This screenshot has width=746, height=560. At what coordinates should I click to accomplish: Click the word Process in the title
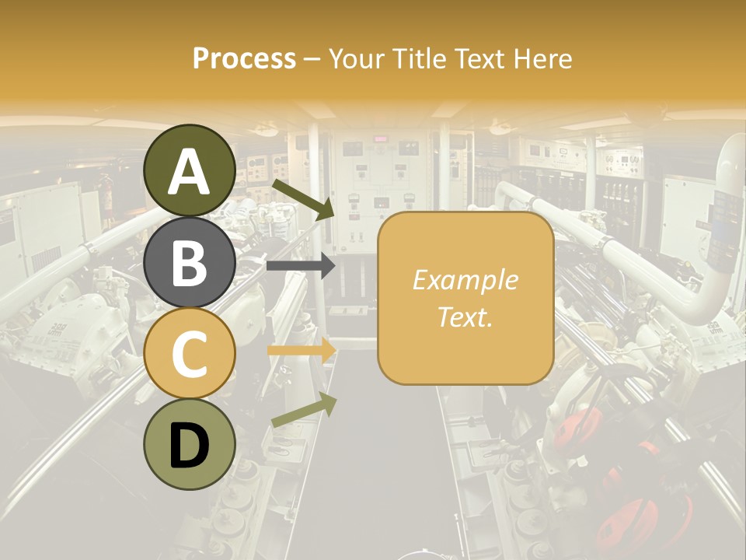(x=244, y=59)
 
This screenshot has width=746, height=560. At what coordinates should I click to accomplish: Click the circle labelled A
(x=190, y=170)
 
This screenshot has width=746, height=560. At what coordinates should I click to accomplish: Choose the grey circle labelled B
(x=190, y=263)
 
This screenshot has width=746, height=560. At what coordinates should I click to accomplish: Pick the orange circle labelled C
(x=190, y=354)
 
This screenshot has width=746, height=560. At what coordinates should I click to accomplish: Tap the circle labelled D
(x=190, y=444)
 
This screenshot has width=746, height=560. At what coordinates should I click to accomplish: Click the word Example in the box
(x=465, y=280)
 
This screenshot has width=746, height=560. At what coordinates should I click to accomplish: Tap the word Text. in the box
(x=465, y=317)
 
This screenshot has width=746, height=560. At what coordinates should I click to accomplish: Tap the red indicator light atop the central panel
(x=381, y=139)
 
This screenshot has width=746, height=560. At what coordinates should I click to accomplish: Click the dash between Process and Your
(x=312, y=59)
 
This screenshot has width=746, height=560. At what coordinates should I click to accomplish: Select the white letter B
(x=190, y=263)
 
